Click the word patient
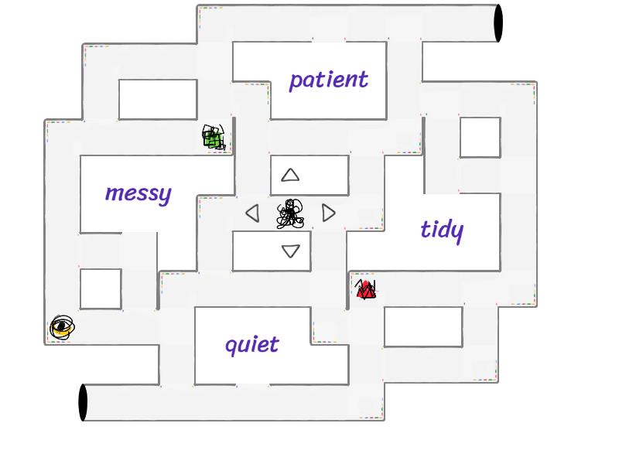coord(328,80)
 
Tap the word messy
coord(138,193)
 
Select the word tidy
coord(442,229)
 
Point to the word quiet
coord(251,344)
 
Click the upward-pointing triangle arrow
coord(290,176)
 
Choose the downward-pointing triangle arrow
coord(291,251)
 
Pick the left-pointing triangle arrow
coord(252,213)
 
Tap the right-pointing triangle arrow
coord(329,213)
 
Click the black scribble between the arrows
coord(290,214)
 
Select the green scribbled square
coord(214,138)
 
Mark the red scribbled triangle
coord(366,290)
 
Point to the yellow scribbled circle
coord(62,328)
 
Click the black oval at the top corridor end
coord(498,23)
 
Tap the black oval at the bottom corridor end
coord(84,402)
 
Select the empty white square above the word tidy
coord(480,138)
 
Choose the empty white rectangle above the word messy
coord(158,99)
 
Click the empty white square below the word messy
coord(101,288)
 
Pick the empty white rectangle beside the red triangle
coord(423,326)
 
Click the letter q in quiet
coord(231,346)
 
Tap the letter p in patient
coord(296,81)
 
